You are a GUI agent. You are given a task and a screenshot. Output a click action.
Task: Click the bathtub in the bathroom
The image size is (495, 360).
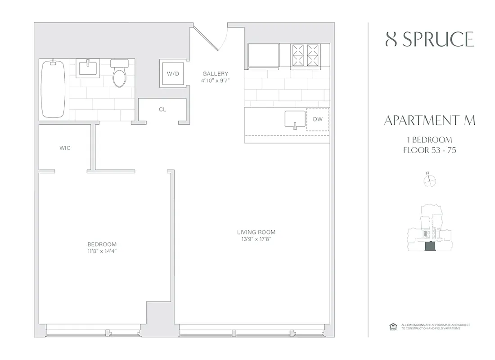click(x=53, y=89)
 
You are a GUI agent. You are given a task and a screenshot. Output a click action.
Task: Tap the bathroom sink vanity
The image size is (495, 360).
click(x=88, y=68)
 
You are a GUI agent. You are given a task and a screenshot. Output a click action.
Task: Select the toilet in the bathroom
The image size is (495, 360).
click(x=120, y=75)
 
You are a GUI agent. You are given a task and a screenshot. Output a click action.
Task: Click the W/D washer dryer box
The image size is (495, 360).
click(x=173, y=74)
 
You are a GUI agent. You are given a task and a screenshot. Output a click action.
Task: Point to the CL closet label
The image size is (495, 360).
click(x=162, y=109)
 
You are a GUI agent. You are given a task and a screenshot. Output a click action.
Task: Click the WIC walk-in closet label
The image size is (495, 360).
click(x=65, y=148)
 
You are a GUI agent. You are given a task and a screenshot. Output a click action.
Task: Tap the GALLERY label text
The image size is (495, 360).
click(x=215, y=74)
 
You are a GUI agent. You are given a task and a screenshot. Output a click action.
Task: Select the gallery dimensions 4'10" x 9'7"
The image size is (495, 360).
click(x=215, y=81)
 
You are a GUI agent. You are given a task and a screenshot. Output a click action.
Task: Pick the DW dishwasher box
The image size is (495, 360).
click(x=318, y=119)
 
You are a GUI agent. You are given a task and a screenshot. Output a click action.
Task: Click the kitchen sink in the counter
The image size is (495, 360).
click(x=295, y=120)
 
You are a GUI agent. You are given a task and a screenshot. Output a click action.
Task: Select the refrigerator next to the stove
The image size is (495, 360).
click(x=262, y=56)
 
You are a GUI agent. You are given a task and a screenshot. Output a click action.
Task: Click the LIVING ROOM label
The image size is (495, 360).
click(x=256, y=232)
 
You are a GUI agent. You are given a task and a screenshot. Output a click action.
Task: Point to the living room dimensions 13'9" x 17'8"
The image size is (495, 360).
click(x=256, y=239)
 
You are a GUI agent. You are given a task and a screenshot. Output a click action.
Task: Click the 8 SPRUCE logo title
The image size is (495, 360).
click(x=430, y=40)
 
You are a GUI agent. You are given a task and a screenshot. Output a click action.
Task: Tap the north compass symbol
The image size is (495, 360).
click(x=430, y=180)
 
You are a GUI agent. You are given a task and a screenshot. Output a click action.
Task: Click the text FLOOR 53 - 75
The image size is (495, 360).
click(x=429, y=150)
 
